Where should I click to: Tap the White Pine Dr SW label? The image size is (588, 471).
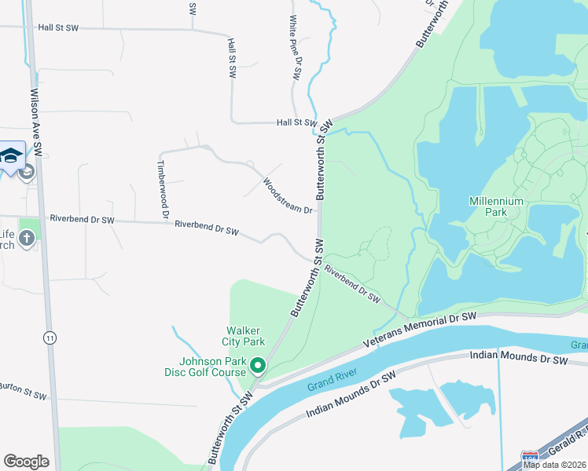295,48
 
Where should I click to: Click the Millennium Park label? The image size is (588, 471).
496,206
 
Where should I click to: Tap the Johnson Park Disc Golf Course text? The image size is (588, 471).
213,367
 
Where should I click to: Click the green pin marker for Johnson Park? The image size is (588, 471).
256,364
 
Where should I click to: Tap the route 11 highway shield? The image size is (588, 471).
50,338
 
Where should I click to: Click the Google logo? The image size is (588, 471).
26,462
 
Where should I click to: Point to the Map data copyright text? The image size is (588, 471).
555,465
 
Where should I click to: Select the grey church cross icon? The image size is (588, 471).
27,238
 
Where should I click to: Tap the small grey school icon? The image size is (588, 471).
28,172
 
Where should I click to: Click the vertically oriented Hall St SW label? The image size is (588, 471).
232,58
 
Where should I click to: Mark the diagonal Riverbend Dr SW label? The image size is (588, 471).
353,287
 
